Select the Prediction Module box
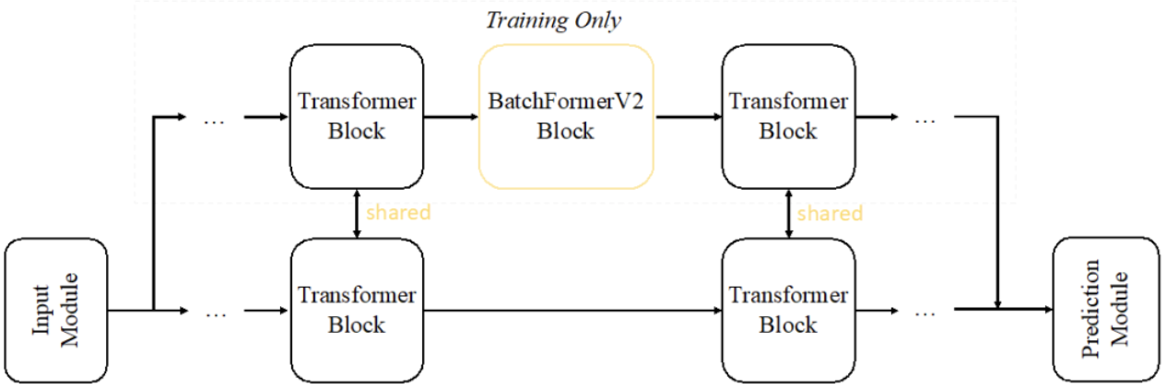pyautogui.click(x=1106, y=311)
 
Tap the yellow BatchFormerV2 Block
pyautogui.click(x=566, y=116)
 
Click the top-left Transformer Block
pyautogui.click(x=357, y=116)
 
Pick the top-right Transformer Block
pyautogui.click(x=788, y=116)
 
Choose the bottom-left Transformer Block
pyautogui.click(x=357, y=311)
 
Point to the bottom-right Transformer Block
pyautogui.click(x=788, y=311)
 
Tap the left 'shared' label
pyautogui.click(x=398, y=213)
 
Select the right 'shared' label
pyautogui.click(x=830, y=214)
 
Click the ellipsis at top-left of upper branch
pyautogui.click(x=214, y=120)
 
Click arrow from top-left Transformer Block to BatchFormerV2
pyautogui.click(x=452, y=117)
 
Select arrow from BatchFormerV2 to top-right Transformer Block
pyautogui.click(x=688, y=117)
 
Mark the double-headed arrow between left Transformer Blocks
pyautogui.click(x=357, y=213)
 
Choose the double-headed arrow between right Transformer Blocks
pyautogui.click(x=788, y=213)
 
